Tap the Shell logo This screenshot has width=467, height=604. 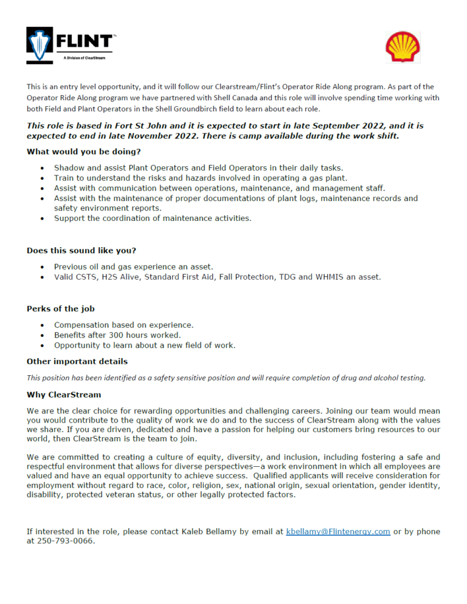(x=403, y=47)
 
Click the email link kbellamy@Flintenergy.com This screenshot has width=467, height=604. (x=337, y=531)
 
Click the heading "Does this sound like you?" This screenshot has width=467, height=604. (x=81, y=250)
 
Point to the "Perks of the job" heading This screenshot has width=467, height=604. (x=60, y=309)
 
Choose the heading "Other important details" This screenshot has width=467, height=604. (x=77, y=361)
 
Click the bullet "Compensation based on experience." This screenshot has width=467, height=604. (x=123, y=325)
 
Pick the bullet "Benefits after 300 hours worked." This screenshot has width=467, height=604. (x=117, y=335)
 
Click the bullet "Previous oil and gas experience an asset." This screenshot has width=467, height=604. (x=133, y=266)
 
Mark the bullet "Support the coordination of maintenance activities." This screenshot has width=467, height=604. (x=152, y=218)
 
